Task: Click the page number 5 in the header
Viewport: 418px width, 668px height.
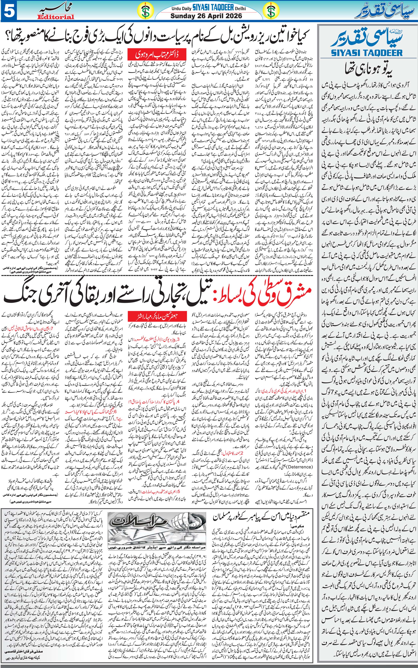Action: (9, 11)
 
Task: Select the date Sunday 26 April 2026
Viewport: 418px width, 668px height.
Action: (206, 16)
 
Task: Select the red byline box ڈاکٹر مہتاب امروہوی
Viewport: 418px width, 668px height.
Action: (157, 55)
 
